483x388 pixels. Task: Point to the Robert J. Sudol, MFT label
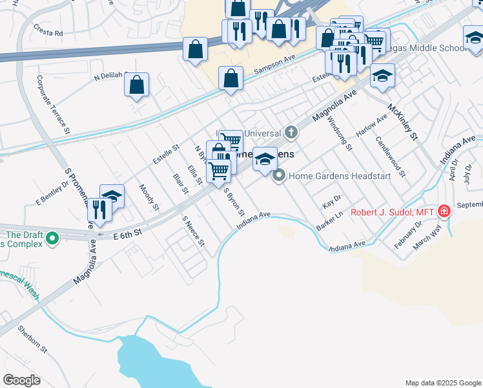coord(393,212)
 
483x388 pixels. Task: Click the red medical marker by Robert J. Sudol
coord(444,211)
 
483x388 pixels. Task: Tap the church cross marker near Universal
coord(291,133)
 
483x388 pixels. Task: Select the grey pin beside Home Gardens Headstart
coord(279,175)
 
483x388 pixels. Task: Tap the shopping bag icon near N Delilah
coord(136,85)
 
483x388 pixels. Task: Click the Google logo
coord(21,380)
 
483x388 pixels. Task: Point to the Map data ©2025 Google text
coord(442,383)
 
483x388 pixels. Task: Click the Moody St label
coord(149,197)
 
